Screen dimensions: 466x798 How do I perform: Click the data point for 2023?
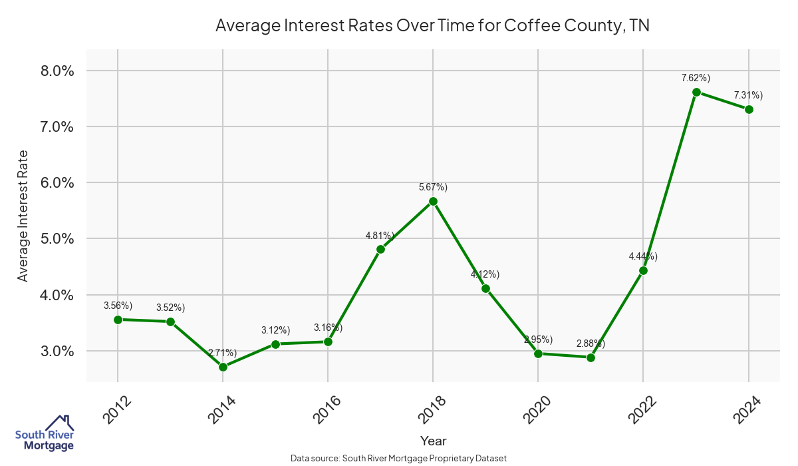coord(696,92)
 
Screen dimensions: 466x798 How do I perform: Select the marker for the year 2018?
coord(433,201)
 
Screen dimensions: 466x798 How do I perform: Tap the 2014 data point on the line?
coord(223,367)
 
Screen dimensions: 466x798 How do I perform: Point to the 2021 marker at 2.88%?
coord(591,357)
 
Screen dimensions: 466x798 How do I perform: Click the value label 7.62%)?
coord(696,78)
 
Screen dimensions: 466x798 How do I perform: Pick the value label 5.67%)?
coord(433,187)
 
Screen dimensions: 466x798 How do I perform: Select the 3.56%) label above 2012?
coord(118,306)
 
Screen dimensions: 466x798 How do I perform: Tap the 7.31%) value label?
coord(748,95)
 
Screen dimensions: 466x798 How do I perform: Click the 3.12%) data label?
coord(275,330)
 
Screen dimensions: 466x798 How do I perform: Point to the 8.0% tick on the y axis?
coord(56,71)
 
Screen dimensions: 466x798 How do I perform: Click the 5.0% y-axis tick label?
coord(56,239)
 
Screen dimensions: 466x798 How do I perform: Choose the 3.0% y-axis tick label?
coord(56,351)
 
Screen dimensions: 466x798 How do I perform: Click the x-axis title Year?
coord(433,441)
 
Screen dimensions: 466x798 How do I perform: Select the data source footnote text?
coord(398,458)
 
